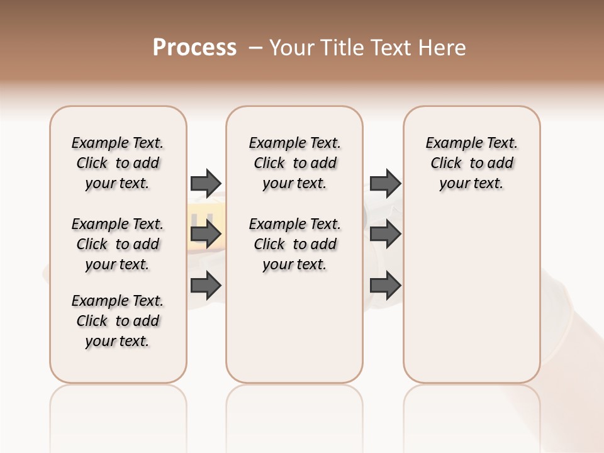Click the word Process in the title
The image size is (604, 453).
(194, 48)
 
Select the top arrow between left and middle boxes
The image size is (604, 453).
(206, 183)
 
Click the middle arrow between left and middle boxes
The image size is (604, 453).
(206, 235)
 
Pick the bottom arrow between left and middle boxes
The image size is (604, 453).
(206, 286)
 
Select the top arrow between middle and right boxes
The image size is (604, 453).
(385, 183)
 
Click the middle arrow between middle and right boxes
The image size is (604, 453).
(385, 235)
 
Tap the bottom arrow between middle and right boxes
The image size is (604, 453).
(385, 286)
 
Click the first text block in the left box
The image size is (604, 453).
(118, 163)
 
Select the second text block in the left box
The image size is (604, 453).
(118, 244)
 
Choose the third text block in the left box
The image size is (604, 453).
(118, 321)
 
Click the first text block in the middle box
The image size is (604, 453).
(294, 163)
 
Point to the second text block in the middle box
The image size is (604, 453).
(294, 244)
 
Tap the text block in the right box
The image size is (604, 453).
(471, 163)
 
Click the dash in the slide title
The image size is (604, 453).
(255, 48)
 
